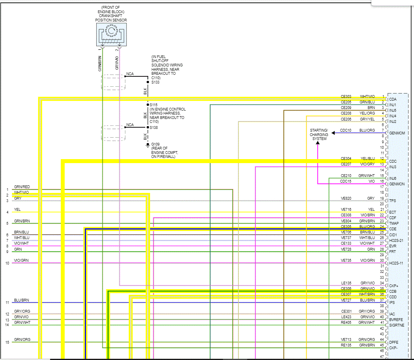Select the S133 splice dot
[x=147, y=82]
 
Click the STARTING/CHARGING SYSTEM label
[x=319, y=134]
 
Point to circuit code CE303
[x=346, y=97]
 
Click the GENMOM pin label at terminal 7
[x=396, y=133]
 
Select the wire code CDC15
[x=345, y=181]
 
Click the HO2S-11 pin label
[x=396, y=263]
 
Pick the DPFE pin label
[x=394, y=342]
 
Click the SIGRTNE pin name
[x=396, y=325]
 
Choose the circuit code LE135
[x=346, y=283]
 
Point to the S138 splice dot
[x=147, y=127]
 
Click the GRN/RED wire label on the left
[x=22, y=187]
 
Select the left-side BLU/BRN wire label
[x=21, y=300]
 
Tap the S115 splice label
[x=154, y=105]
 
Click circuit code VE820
[x=346, y=198]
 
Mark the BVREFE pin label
[x=396, y=319]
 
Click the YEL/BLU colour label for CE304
[x=367, y=158]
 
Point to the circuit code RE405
[x=346, y=323]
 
